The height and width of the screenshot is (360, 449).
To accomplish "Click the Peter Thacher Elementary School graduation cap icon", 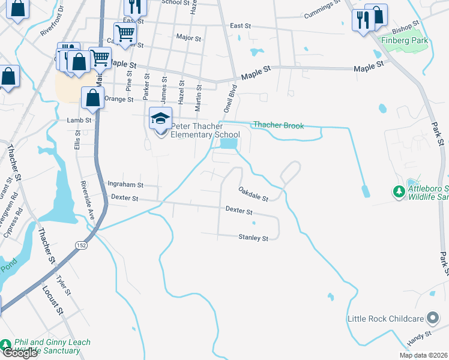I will tap(161, 118).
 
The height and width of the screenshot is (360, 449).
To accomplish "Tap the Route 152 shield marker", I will tap(81, 245).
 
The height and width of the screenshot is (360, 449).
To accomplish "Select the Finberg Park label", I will tap(403, 41).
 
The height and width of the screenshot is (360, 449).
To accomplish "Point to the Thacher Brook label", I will tap(278, 125).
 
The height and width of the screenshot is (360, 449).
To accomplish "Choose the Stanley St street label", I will tap(253, 238).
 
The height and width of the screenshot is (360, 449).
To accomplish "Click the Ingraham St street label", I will tap(125, 185).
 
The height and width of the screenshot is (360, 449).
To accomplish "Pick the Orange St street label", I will tap(118, 99).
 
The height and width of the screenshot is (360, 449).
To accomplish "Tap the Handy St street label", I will tap(420, 335).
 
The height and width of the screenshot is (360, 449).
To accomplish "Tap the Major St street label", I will tap(188, 37).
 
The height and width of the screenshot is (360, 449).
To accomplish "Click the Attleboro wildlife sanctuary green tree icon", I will tap(399, 192).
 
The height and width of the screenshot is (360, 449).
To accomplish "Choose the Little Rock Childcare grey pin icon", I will tap(432, 319).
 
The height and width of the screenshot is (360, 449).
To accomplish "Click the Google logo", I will tap(19, 353).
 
